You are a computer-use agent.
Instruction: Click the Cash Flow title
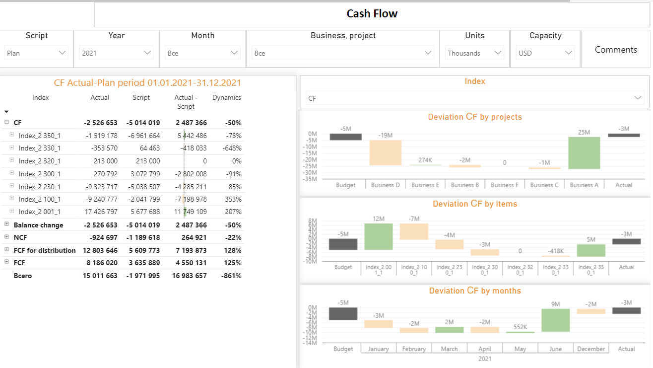[372, 14]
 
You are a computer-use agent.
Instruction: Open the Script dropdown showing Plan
[37, 53]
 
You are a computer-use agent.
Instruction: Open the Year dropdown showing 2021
[117, 53]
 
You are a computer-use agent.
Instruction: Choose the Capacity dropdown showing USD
[545, 53]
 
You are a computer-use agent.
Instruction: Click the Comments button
[615, 50]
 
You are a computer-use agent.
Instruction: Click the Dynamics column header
[226, 98]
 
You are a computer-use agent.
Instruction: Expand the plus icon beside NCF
[7, 237]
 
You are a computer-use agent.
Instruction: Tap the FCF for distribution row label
[45, 250]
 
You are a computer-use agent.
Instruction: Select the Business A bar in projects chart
[584, 153]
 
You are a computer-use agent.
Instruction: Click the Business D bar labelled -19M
[386, 153]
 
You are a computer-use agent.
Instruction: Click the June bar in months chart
[555, 320]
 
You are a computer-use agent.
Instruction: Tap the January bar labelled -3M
[379, 324]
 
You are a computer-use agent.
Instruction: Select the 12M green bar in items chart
[379, 237]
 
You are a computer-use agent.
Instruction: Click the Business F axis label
[505, 185]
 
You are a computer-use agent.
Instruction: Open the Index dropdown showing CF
[474, 98]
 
